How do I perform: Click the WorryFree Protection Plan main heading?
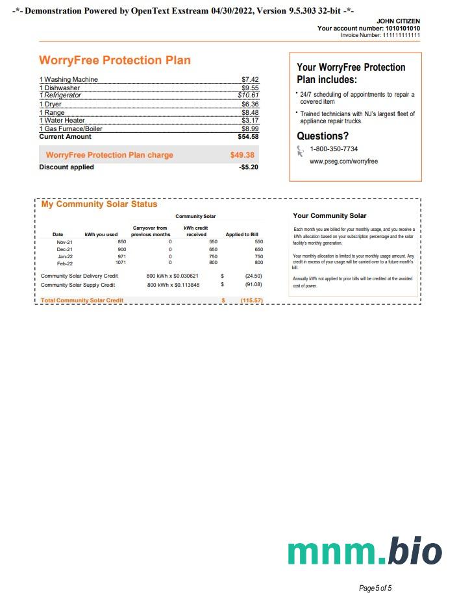click(x=115, y=60)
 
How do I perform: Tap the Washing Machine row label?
click(x=68, y=80)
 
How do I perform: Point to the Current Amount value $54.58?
click(x=248, y=137)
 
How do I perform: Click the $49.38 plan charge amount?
click(x=242, y=156)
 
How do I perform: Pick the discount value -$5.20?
click(x=249, y=167)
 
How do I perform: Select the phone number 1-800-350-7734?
click(x=334, y=149)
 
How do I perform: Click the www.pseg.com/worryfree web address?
click(x=343, y=161)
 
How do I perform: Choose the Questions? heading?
click(x=323, y=136)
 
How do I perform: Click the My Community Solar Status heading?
click(x=99, y=204)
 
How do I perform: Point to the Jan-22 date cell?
click(x=65, y=256)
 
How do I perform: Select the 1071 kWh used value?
click(x=120, y=263)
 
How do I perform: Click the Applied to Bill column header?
click(x=242, y=234)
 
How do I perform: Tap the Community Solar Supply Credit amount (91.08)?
click(x=253, y=284)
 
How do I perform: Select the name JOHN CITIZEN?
click(x=398, y=21)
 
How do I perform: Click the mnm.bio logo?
click(x=365, y=550)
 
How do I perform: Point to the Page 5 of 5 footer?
click(x=375, y=588)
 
